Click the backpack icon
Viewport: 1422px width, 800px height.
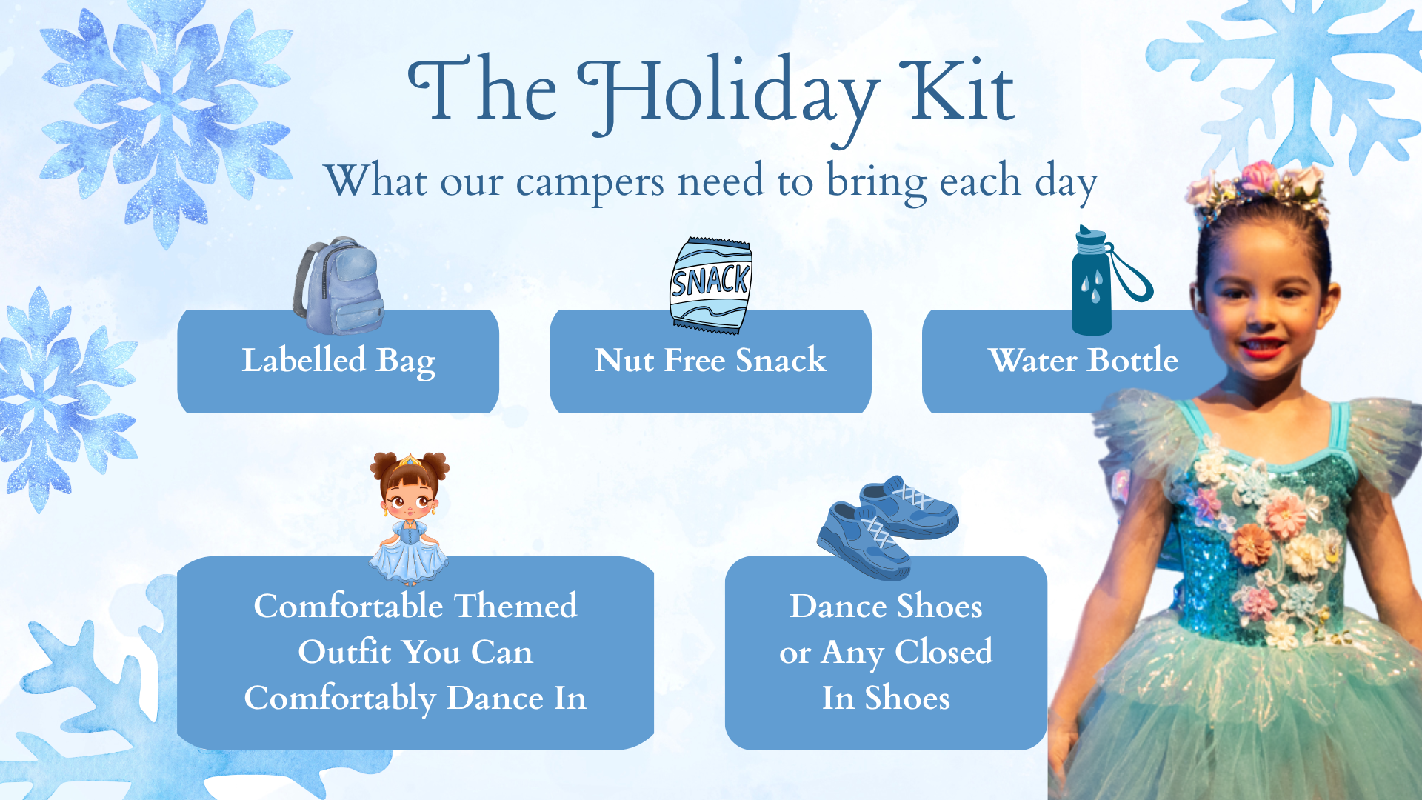click(338, 286)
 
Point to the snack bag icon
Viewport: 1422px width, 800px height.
click(710, 285)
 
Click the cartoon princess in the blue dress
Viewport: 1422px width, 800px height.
click(409, 519)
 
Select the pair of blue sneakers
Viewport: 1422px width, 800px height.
click(887, 527)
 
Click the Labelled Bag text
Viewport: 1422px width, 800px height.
click(338, 361)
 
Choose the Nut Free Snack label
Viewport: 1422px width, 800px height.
click(710, 361)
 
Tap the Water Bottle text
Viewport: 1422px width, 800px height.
click(1083, 361)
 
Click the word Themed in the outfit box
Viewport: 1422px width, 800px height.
click(515, 606)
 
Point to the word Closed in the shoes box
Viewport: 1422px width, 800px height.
click(944, 652)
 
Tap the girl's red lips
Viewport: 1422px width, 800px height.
click(1260, 347)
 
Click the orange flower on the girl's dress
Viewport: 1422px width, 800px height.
click(1250, 544)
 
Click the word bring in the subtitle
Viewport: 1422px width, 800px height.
click(876, 182)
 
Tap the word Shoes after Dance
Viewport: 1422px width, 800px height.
click(939, 607)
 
